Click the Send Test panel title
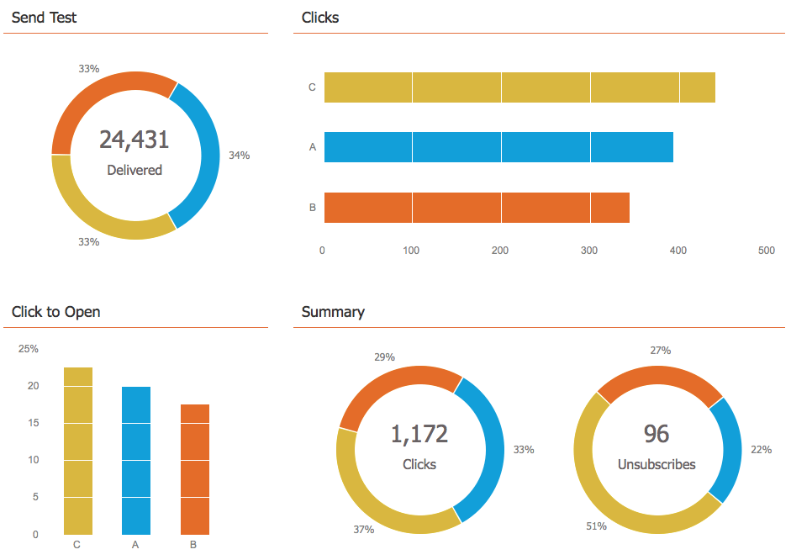pos(44,18)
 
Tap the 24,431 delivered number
pos(134,140)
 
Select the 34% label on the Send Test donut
pos(239,156)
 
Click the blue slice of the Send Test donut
pos(207,156)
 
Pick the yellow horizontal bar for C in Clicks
pos(519,87)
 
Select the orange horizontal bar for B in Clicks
pos(477,208)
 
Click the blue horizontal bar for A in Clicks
pos(498,147)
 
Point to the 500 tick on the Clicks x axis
pos(766,251)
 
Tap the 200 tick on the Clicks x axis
pos(499,251)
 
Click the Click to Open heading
pos(55,312)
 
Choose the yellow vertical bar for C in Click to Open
pos(78,451)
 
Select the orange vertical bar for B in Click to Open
pos(195,469)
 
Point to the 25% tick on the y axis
pos(29,349)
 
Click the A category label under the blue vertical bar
pos(135,545)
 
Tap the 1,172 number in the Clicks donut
pos(419,434)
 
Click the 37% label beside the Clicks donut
pos(364,530)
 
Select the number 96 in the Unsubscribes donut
pos(657,434)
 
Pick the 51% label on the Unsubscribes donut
pos(596,526)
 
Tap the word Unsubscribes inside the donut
pos(657,464)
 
